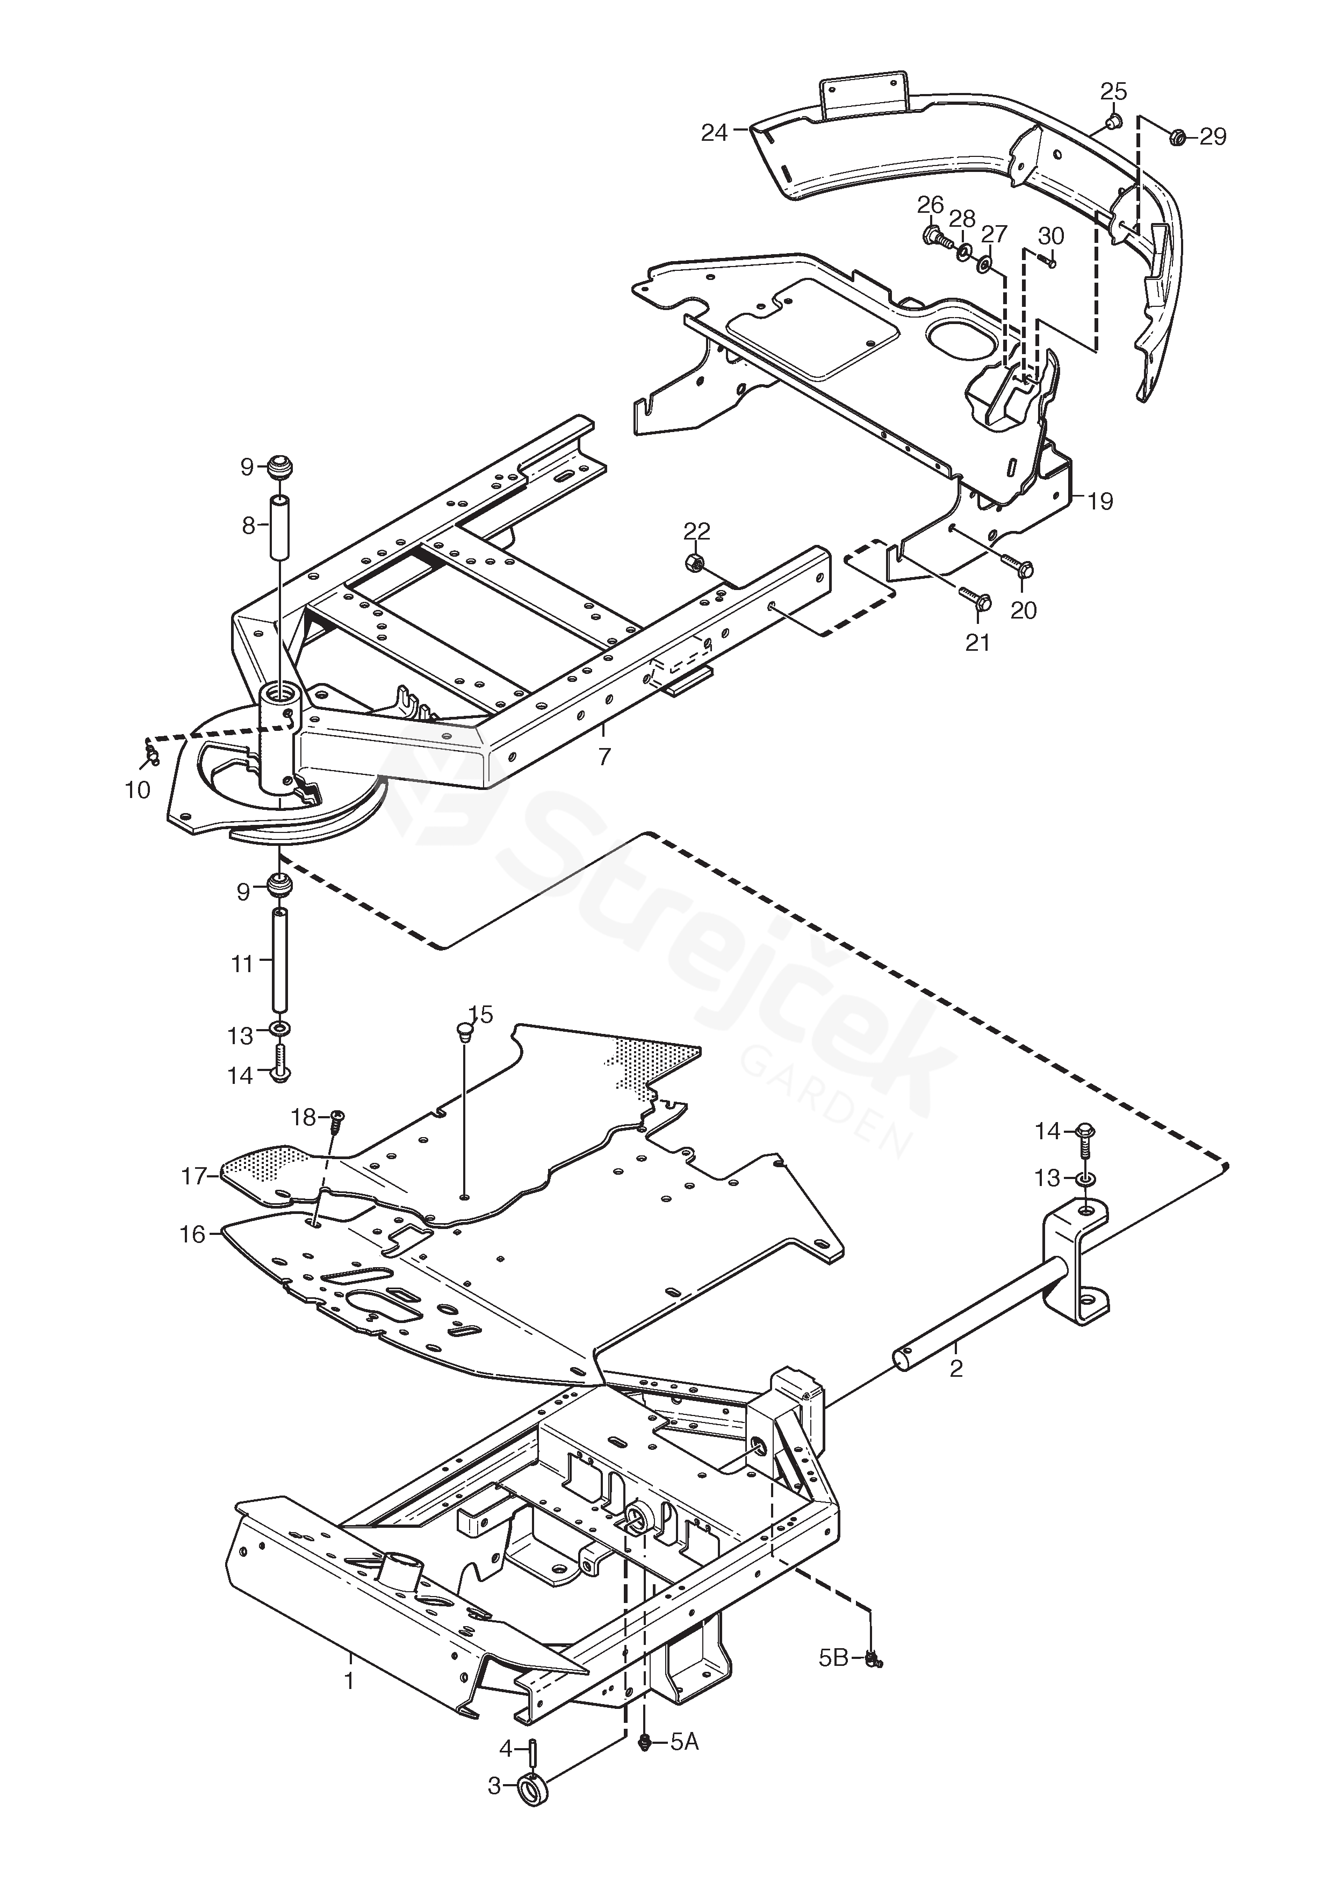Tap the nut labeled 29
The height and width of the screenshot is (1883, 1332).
1175,135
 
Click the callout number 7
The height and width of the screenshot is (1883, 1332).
604,756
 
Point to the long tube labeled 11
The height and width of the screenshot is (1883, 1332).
280,962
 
